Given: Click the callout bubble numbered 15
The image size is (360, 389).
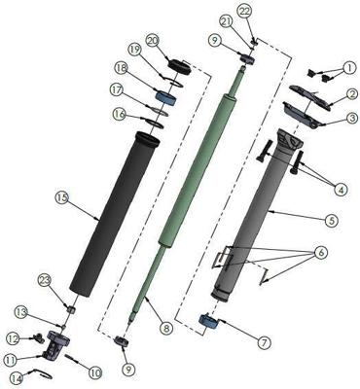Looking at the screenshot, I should (61, 198).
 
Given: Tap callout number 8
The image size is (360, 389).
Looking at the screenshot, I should (166, 328).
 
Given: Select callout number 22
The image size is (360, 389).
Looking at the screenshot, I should (244, 11).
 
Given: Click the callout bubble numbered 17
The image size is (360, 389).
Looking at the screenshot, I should (119, 89).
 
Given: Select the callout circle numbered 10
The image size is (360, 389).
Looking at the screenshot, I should (95, 371).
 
